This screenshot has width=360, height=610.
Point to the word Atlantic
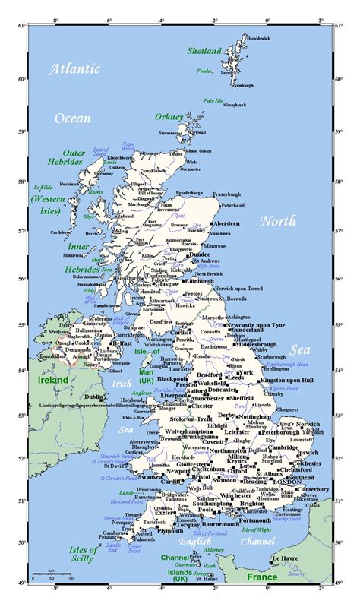tap(74, 69)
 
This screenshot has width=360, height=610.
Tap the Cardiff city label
tap(174, 480)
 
